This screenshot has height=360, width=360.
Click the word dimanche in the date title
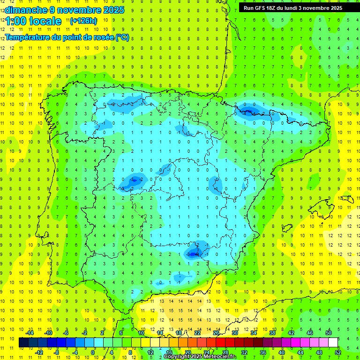26,10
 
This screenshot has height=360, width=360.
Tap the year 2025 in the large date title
111,10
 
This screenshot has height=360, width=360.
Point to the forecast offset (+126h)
83,21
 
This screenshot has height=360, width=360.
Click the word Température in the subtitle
29,37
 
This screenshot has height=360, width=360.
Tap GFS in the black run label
261,8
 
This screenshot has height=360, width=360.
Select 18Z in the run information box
274,8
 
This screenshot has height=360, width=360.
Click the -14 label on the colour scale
30,333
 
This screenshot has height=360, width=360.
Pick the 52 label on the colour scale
337,352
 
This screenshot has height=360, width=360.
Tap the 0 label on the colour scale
93,352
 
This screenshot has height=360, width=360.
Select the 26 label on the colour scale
216,333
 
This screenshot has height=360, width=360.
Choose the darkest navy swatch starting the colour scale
23,343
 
